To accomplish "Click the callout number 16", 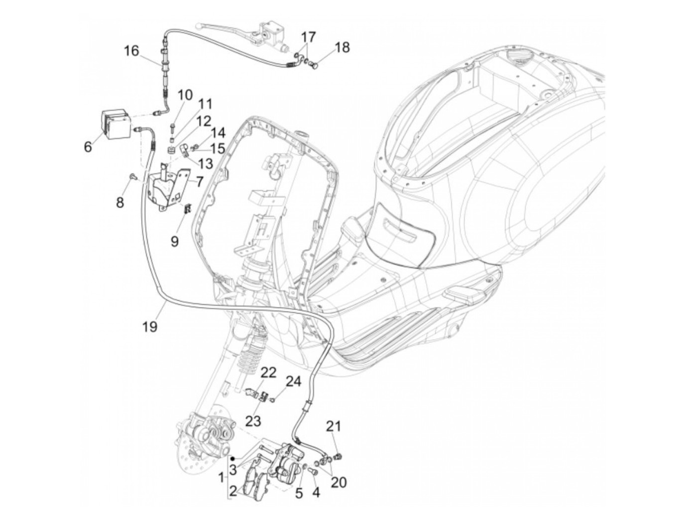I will click(x=131, y=51).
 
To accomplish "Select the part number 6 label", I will click(x=88, y=147).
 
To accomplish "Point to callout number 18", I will click(x=342, y=47).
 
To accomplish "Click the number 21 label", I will click(x=334, y=426).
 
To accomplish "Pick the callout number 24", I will click(x=293, y=381).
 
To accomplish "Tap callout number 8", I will click(x=120, y=202).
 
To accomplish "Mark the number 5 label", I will click(x=299, y=493).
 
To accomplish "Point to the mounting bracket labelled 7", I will click(x=168, y=187).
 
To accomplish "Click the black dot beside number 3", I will click(x=232, y=457).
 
